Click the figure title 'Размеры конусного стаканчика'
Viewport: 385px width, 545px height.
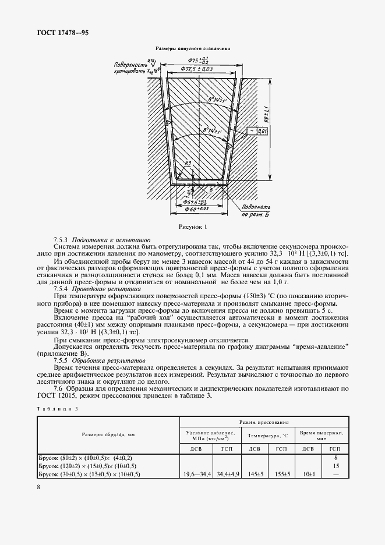pyautogui.click(x=192, y=49)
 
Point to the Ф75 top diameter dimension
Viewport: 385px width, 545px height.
pyautogui.click(x=201, y=61)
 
